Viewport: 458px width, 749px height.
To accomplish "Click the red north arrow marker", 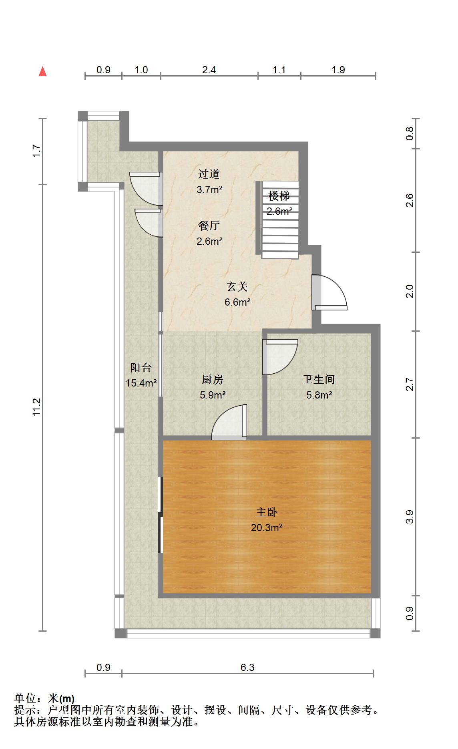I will coord(42,72).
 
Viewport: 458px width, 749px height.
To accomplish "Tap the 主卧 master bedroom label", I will coord(267,512).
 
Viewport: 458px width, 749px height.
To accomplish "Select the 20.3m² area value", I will coord(267,528).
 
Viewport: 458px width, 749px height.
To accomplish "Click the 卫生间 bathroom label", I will coord(319,379).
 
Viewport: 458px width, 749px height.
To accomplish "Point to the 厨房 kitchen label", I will coord(213,379).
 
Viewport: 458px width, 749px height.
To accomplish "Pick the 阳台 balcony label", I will coord(141,367).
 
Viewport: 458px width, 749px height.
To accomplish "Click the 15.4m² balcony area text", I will coord(141,383).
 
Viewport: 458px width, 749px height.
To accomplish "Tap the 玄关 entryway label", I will coord(237,286).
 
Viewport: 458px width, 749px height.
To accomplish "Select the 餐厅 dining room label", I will coord(209,226).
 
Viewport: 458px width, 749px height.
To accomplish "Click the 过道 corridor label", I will coord(209,174).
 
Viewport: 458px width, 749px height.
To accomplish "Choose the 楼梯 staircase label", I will coord(279,196).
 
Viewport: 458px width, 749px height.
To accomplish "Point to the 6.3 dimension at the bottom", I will coord(247,668).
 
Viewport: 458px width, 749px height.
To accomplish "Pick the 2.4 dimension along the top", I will coord(209,70).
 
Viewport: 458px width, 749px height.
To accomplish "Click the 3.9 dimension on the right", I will coord(410,517).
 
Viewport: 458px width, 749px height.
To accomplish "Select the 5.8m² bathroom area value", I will coord(319,395).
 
